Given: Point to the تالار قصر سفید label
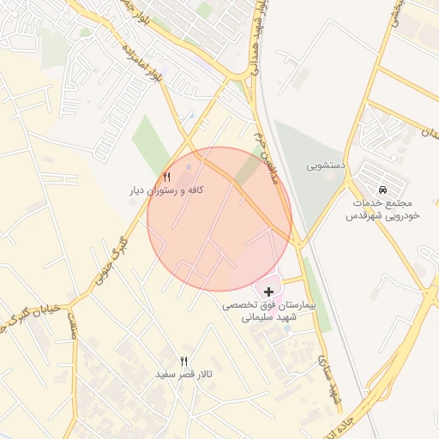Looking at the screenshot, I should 183,375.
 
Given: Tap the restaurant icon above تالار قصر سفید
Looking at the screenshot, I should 183,361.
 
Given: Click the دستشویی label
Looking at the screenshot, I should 327,162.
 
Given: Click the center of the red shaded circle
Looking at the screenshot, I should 220,219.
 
